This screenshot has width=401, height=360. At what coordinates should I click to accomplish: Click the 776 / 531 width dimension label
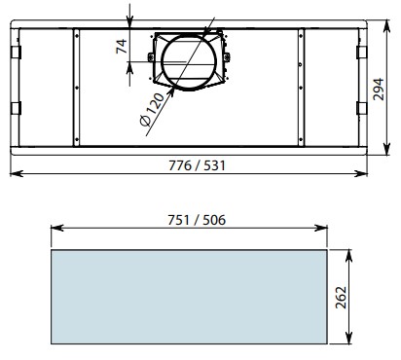click(197, 165)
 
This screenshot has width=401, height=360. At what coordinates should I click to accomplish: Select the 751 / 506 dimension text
click(197, 220)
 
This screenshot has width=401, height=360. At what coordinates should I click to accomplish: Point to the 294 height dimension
click(379, 90)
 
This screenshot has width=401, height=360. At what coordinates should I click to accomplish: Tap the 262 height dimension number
click(341, 298)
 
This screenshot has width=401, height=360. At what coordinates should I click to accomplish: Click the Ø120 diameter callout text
click(152, 109)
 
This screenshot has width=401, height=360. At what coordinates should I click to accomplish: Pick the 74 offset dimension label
click(122, 47)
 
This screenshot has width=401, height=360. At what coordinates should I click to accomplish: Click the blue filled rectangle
click(189, 297)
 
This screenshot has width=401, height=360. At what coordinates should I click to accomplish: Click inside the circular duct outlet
click(189, 62)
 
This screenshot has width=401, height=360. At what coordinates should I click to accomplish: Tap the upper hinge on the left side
click(16, 53)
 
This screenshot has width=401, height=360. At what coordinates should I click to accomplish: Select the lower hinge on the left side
click(16, 108)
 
